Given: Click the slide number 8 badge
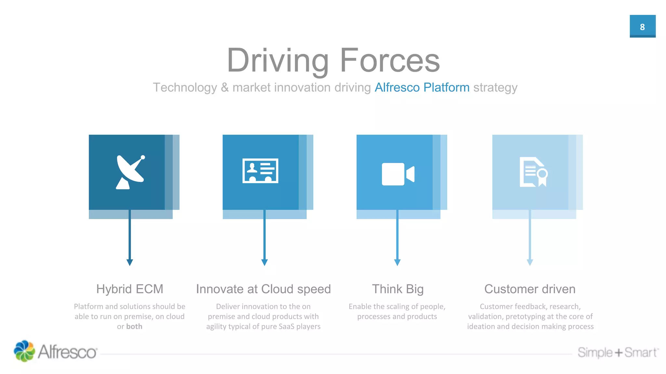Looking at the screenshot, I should (642, 26).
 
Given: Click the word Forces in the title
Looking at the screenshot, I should (390, 60).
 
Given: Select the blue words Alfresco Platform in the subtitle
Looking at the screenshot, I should (422, 87).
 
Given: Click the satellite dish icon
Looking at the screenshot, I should (130, 172).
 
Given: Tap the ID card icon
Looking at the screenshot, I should (260, 171).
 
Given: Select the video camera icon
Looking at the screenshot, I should (398, 174).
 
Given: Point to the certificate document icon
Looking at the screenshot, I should (533, 172).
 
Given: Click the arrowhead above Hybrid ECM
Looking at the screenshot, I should (129, 262).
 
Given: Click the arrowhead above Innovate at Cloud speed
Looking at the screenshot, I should (264, 262).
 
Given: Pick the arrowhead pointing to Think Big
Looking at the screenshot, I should (397, 262).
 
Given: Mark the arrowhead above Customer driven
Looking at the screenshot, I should (530, 262).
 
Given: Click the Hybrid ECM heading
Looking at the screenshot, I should (129, 289).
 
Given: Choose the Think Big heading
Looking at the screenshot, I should (397, 289).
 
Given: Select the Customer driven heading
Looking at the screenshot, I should (530, 289).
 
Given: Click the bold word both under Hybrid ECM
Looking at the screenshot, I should (134, 326).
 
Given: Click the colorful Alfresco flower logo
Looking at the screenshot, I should (24, 351).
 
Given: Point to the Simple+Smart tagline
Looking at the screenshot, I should (617, 352).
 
